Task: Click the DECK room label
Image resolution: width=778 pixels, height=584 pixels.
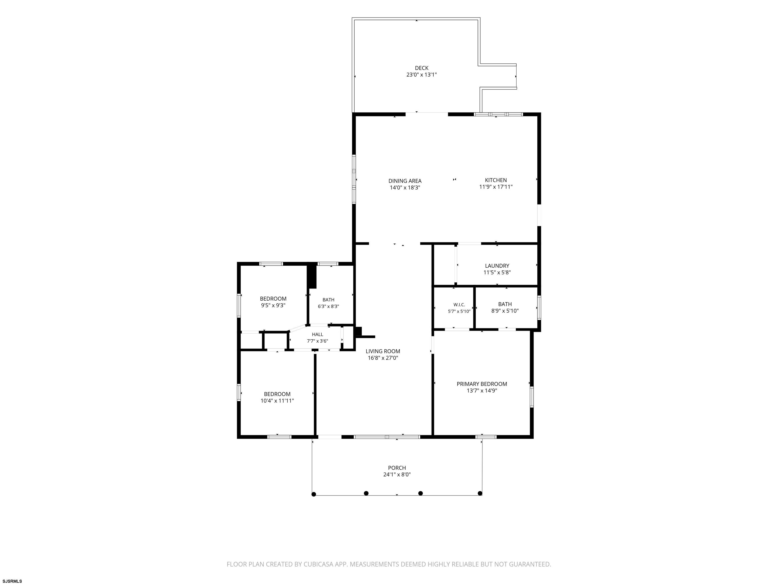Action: pos(421,68)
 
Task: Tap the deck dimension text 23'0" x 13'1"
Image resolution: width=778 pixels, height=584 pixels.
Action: pos(421,75)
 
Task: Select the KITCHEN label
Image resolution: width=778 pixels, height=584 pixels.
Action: pos(496,180)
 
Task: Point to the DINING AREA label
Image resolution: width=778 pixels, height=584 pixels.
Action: pos(405,181)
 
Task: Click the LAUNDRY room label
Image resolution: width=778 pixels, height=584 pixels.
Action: pos(497,266)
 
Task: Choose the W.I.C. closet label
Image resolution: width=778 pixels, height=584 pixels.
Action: pos(459,305)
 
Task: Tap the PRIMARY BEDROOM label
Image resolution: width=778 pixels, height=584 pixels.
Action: pos(482,384)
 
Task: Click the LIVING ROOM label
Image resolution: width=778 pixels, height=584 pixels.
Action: pos(383,351)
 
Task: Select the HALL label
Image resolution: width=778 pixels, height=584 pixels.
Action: pos(317,334)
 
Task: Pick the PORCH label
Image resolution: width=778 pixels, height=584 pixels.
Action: pos(397,468)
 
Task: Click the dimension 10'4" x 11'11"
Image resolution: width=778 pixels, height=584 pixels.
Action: pos(277,400)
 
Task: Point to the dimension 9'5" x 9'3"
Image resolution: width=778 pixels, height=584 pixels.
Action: pos(273,305)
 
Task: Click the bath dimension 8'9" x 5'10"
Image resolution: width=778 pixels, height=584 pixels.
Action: pos(505,311)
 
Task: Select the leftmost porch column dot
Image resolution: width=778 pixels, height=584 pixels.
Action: pos(314,494)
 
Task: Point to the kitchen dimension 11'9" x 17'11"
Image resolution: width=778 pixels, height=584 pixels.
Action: pos(496,187)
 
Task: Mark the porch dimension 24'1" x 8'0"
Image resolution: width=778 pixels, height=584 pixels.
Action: pos(397,474)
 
